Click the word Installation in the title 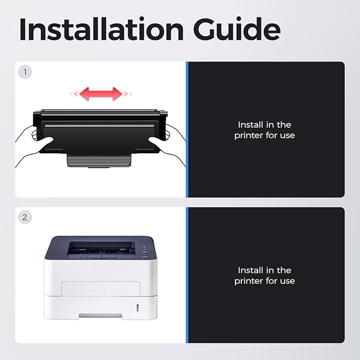[101, 29]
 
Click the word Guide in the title [236, 29]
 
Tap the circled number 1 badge [25, 72]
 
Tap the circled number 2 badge [25, 217]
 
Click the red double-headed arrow [101, 94]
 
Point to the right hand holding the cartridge [168, 145]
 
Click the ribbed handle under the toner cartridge [99, 160]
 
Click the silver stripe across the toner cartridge [100, 126]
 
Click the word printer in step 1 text [249, 135]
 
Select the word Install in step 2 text [250, 270]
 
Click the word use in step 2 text [287, 281]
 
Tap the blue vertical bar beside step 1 [187, 129]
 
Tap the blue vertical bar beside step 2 [187, 275]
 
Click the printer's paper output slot [101, 249]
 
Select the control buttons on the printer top [145, 252]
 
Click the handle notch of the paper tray [100, 315]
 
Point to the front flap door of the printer [101, 288]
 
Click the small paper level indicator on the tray [137, 308]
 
